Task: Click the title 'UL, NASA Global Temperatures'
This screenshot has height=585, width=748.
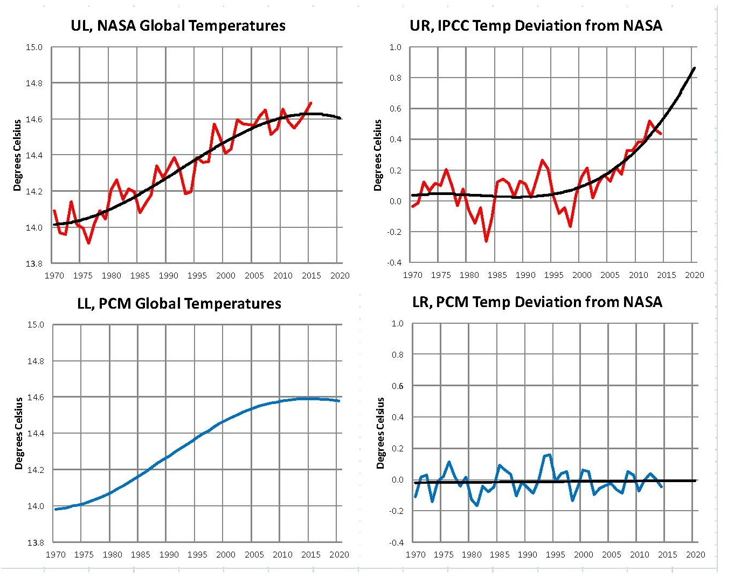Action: coord(178,25)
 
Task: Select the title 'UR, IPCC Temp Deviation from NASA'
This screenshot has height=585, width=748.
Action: coord(536,25)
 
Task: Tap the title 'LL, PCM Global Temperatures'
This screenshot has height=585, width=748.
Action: coord(179,303)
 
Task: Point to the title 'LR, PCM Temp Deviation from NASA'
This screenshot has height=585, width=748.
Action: coord(537,302)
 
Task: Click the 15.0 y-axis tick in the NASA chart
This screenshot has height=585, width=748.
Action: coord(34,47)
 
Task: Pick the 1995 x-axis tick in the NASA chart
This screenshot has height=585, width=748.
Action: coord(197,275)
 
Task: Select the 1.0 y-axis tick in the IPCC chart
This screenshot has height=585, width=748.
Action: coord(396,47)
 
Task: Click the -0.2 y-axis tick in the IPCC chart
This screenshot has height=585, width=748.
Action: coord(394,232)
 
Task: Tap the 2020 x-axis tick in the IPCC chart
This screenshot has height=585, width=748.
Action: coord(694,275)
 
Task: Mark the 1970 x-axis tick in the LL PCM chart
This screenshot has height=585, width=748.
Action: coord(56,554)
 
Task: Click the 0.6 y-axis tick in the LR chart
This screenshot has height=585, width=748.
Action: coord(397,386)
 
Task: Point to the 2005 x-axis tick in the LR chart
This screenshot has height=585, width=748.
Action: coord(611,554)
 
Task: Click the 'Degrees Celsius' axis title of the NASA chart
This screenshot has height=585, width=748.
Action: coord(17,155)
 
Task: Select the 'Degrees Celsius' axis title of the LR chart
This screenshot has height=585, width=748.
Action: coord(380,433)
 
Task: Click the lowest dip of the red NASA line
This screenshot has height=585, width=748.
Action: coord(88,243)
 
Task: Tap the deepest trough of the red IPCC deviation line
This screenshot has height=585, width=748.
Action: coord(486,241)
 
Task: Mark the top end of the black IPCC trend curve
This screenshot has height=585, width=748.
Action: coord(694,68)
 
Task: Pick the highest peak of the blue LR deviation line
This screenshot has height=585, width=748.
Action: coord(549,455)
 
